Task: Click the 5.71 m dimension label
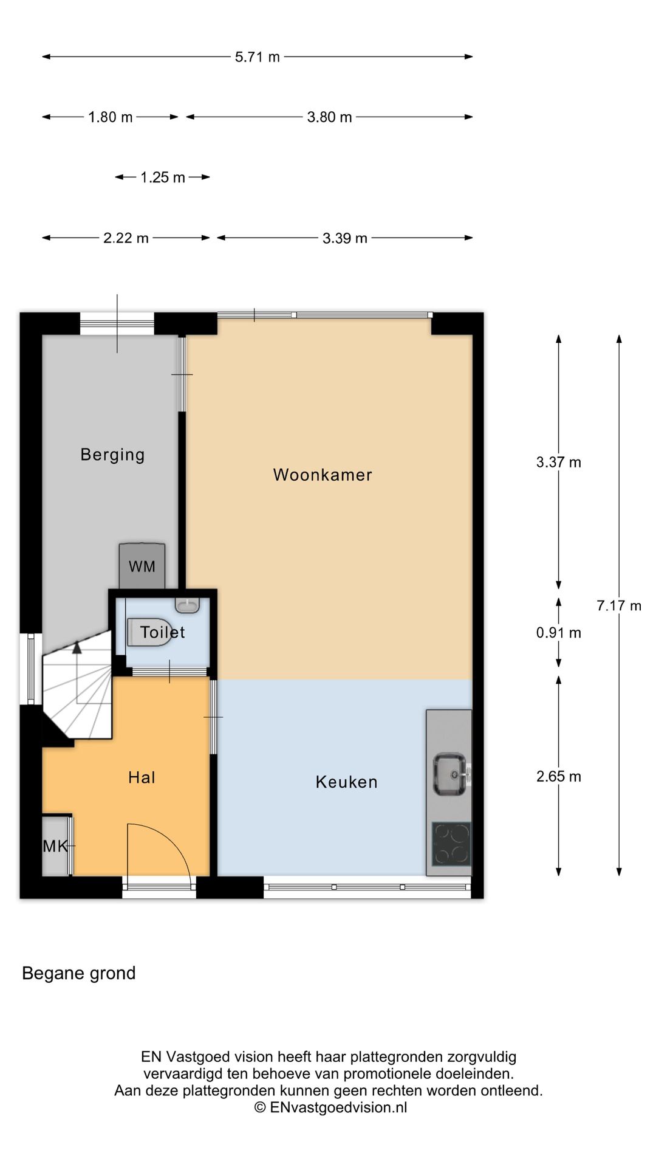(258, 57)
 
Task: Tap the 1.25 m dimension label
(163, 177)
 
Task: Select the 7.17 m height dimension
(619, 605)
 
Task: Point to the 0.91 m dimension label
(559, 633)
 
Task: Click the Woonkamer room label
(323, 475)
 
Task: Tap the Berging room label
(112, 455)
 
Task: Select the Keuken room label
(346, 782)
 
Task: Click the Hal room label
(142, 777)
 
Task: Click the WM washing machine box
(142, 566)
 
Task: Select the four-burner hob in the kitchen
(451, 844)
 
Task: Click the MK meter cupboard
(56, 846)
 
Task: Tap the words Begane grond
(78, 973)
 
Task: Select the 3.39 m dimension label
(345, 238)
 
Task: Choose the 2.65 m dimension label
(559, 776)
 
